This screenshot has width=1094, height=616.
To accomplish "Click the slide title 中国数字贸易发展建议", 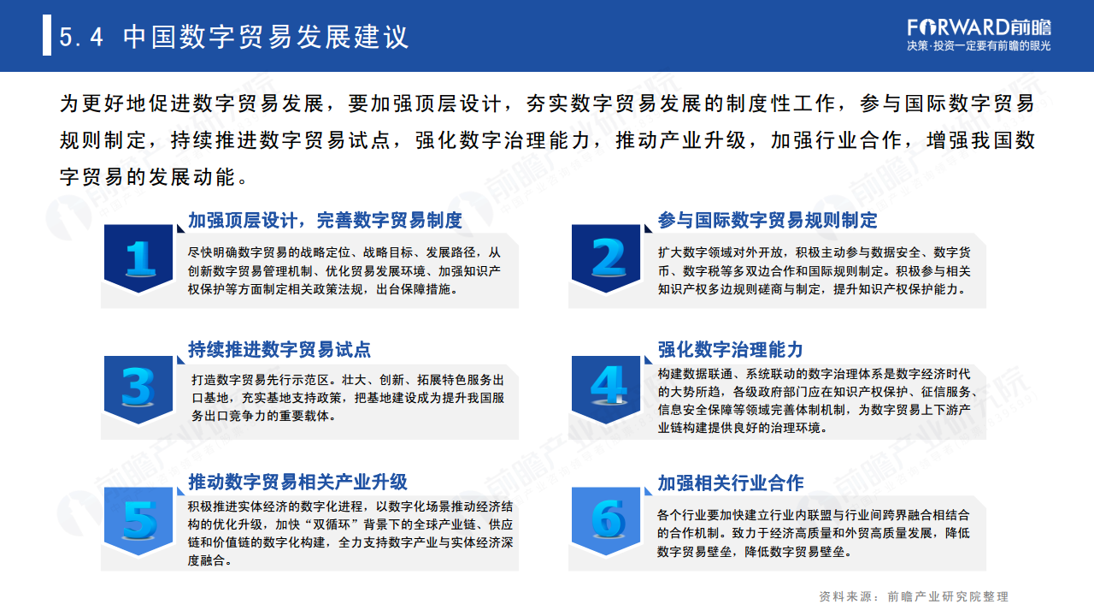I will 266,37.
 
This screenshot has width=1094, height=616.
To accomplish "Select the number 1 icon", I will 139,258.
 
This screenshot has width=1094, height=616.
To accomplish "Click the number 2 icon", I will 609,258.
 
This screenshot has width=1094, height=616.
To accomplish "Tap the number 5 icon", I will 139,519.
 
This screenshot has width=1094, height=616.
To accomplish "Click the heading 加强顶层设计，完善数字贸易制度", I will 325,220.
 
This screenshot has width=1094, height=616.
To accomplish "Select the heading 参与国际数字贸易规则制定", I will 768,220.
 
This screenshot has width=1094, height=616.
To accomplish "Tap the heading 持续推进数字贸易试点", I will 279,350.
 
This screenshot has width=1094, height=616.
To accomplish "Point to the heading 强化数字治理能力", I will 731,349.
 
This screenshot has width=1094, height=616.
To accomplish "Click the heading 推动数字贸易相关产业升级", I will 297,482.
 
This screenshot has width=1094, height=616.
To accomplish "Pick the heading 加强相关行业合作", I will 731,483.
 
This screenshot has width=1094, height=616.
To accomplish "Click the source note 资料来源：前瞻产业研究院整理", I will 913,596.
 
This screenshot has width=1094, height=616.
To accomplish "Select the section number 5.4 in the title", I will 82,38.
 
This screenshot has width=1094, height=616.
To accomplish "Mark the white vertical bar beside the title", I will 47,37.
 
